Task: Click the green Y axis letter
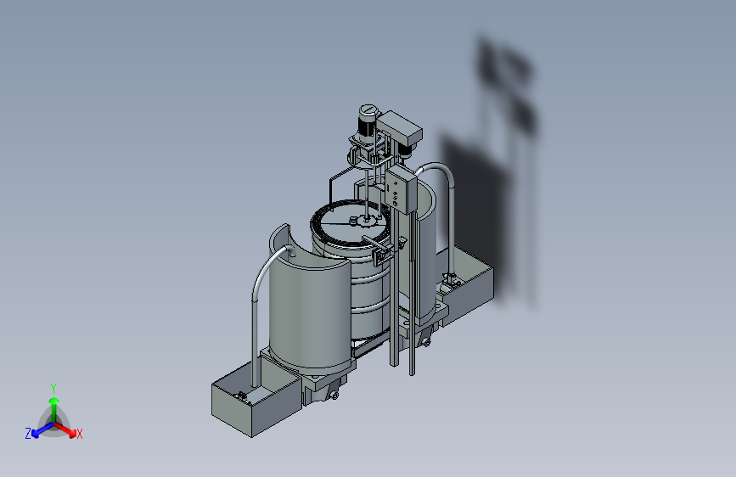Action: (x=53, y=388)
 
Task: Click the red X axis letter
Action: (x=79, y=434)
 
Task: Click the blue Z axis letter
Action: (x=28, y=434)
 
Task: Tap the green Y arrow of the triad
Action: (x=54, y=408)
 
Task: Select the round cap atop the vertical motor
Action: (x=368, y=110)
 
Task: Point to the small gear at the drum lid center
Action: (x=366, y=220)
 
